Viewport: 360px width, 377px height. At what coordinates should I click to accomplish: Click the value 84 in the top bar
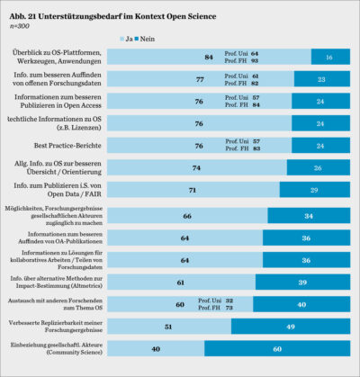pos(208,58)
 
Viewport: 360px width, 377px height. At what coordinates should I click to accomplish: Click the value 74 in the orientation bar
pos(195,166)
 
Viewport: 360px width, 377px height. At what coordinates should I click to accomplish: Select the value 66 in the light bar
pos(186,216)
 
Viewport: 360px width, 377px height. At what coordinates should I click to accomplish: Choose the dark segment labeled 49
pos(292,327)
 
